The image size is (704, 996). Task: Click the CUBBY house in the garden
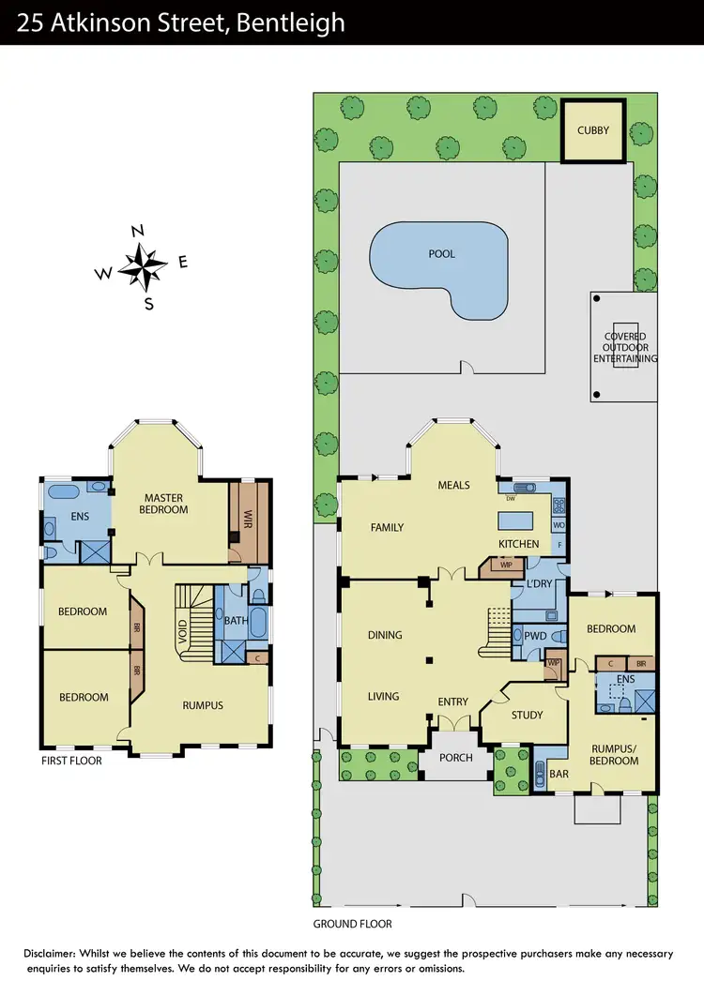pos(592,130)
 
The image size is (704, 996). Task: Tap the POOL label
pos(440,254)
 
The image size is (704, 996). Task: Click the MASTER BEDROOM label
pos(165,504)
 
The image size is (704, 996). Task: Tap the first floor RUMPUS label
pos(202,705)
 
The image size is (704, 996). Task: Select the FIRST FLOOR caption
pos(71,761)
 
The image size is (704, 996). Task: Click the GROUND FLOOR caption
pos(352,924)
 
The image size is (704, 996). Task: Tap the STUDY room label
pos(527,715)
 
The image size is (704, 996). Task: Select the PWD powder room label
pos(535,635)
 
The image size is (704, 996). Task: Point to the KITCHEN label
pos(519,544)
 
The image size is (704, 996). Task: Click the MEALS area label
pos(453,485)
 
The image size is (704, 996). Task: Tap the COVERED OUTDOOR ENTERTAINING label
pos(625,347)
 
